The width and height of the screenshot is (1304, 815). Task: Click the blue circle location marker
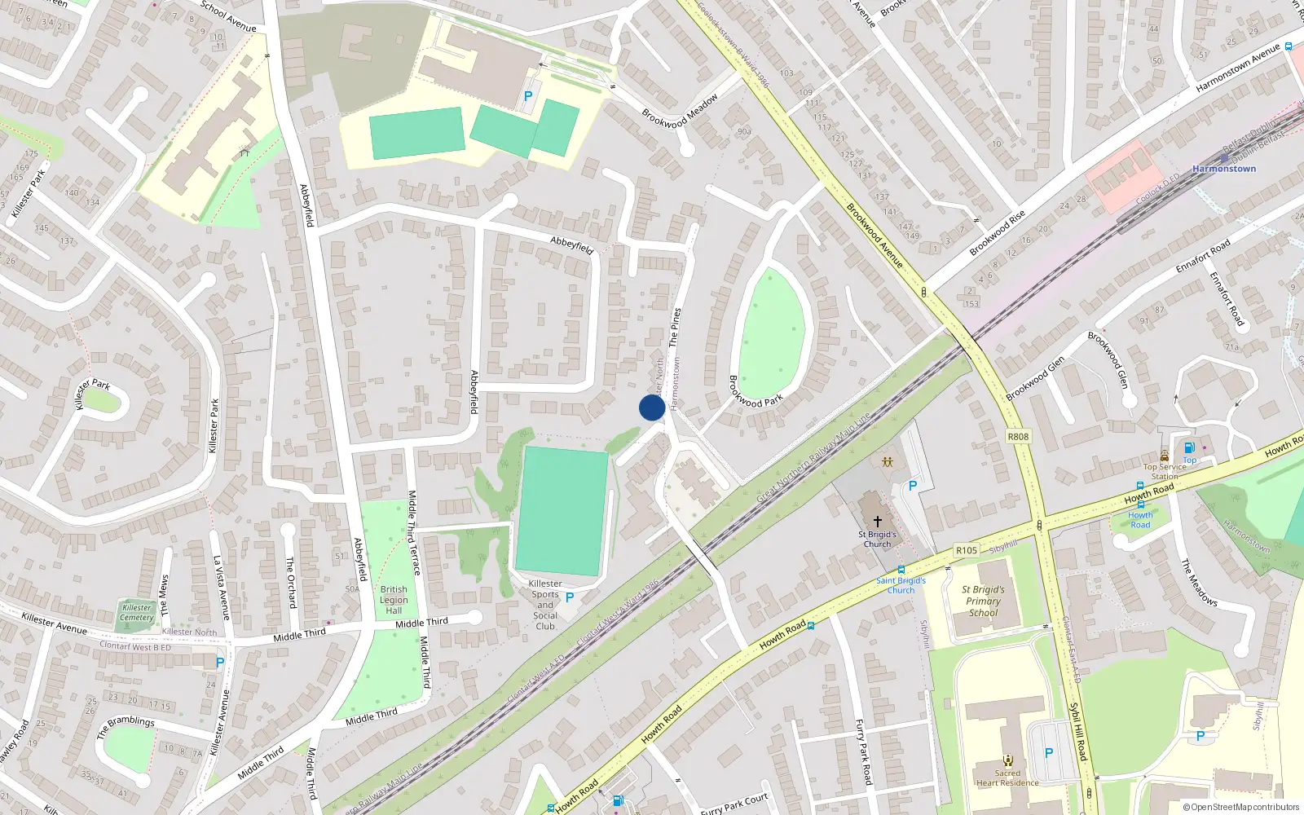coord(651,407)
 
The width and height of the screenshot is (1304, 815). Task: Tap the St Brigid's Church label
coord(877,540)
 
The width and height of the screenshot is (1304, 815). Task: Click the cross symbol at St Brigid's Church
coord(877,521)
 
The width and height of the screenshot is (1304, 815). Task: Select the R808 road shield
coord(1018,436)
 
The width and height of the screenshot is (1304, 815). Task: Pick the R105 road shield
coord(966,550)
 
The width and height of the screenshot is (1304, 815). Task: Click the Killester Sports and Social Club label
coord(545,605)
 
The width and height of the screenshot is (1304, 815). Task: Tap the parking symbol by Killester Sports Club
coord(570,597)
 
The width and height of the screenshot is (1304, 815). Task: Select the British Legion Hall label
coord(394,600)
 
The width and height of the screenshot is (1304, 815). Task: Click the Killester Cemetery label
coord(137,612)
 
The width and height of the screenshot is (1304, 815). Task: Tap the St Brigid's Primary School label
coord(983,601)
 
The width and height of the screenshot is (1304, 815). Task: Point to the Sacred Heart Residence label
coord(1007,778)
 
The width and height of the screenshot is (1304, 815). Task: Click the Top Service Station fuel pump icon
coord(1189,447)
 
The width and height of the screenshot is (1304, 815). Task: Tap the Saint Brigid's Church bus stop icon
coord(901,570)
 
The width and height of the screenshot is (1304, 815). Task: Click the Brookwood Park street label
coord(755,391)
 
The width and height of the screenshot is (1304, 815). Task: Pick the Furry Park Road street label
coord(863,751)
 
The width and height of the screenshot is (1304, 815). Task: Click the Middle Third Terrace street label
coord(412,532)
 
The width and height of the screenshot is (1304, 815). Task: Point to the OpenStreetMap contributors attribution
coord(1240,807)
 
